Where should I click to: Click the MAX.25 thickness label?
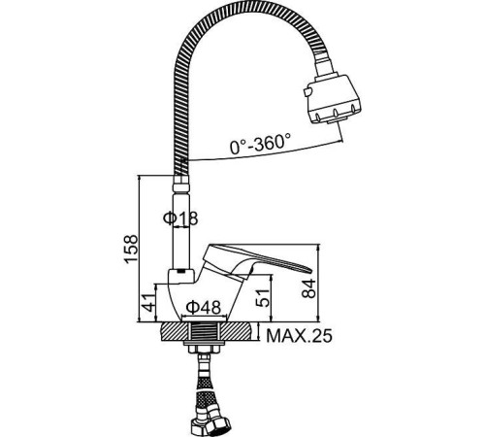click(298, 338)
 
